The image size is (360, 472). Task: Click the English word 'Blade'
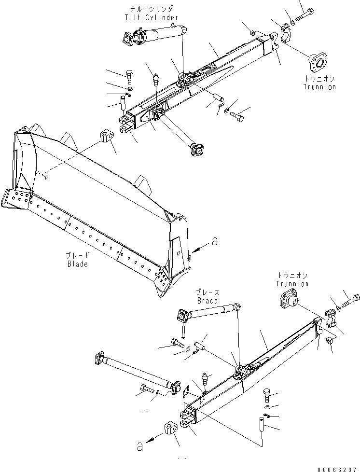click(x=77, y=264)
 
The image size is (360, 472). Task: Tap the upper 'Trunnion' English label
click(x=319, y=87)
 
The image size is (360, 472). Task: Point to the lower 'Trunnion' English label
click(x=292, y=284)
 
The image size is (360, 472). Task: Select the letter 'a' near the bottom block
click(x=140, y=447)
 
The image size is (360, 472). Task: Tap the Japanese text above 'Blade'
click(x=78, y=256)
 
